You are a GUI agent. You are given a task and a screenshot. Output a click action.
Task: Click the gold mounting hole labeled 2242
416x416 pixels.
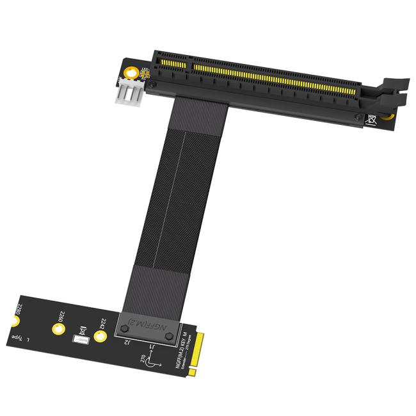(x=100, y=337)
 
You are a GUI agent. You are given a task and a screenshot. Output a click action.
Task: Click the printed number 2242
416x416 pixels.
(x=102, y=323)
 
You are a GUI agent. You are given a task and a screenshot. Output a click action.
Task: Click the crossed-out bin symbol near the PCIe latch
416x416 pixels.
(x=370, y=119)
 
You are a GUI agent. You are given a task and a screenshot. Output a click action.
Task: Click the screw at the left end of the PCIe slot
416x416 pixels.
(x=152, y=84)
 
